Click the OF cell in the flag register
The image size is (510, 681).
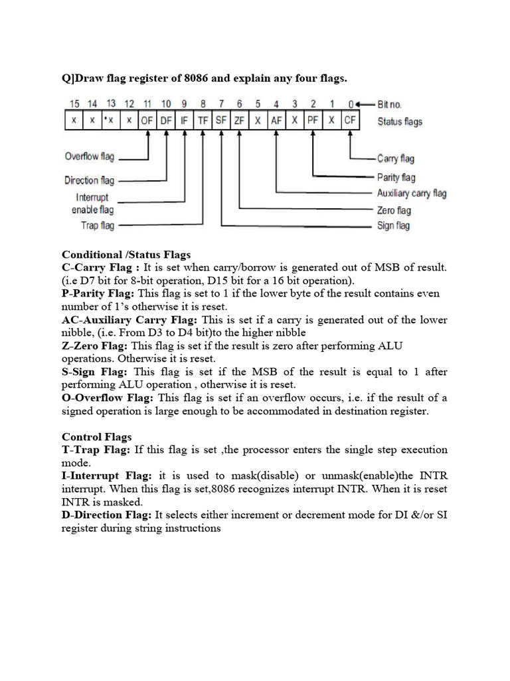click(147, 121)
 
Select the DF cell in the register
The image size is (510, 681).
click(166, 121)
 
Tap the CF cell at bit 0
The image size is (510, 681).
click(350, 121)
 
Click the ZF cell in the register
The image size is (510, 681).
click(240, 121)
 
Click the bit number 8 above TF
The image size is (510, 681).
click(203, 104)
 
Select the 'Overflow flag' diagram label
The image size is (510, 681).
click(90, 157)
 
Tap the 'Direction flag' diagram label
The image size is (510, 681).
click(90, 180)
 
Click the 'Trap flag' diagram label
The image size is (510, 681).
click(97, 225)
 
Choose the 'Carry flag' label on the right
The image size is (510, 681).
click(396, 159)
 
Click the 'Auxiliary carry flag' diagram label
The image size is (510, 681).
click(412, 194)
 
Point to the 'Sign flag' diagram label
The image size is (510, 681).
click(394, 225)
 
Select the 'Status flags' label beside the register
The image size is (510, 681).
click(400, 121)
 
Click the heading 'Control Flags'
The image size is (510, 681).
click(97, 437)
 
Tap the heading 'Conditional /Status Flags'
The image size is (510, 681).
click(126, 254)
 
